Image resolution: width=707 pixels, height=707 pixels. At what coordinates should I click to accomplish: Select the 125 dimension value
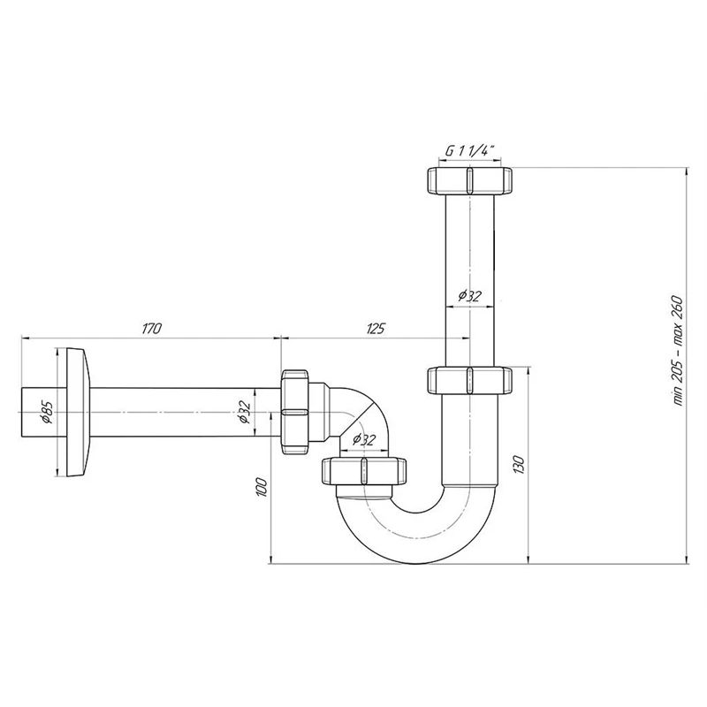376,329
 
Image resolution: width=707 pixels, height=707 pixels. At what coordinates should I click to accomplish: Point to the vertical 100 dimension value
261,488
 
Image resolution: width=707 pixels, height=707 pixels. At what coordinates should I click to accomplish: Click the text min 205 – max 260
679,349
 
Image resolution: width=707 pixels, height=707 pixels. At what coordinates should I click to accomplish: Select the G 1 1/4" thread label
468,151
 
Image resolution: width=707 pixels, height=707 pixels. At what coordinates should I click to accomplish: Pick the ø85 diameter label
48,412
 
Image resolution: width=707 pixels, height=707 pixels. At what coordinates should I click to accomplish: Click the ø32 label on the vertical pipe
469,296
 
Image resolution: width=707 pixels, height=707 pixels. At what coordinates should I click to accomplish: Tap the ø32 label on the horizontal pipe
246,413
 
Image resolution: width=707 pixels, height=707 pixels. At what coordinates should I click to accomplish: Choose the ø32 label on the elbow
363,439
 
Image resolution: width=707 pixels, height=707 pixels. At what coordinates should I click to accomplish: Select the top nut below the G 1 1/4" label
469,180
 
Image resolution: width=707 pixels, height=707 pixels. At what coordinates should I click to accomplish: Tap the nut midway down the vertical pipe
469,381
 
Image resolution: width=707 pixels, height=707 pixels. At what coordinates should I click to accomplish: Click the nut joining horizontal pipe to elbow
297,412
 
